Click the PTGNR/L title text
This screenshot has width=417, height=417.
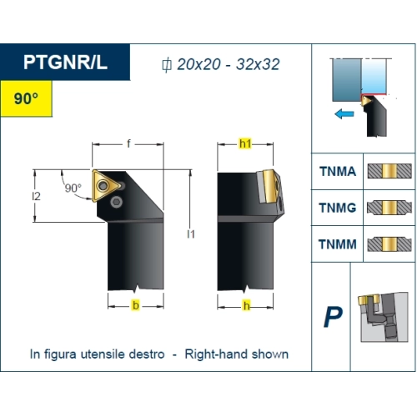click(x=65, y=62)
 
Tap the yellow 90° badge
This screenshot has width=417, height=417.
click(x=26, y=98)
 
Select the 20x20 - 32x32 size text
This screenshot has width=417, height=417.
click(x=229, y=64)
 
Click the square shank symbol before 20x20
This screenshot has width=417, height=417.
click(x=167, y=65)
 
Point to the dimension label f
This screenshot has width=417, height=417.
click(x=128, y=143)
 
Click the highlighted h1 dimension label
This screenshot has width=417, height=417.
click(x=245, y=143)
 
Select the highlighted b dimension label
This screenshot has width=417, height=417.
click(x=136, y=305)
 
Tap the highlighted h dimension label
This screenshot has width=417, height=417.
click(x=247, y=305)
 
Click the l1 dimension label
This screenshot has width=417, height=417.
click(x=191, y=234)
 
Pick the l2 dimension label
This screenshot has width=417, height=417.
click(x=36, y=196)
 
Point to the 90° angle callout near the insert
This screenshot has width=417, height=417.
click(x=73, y=188)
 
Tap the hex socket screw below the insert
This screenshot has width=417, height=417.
click(x=116, y=202)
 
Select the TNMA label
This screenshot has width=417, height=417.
click(x=338, y=171)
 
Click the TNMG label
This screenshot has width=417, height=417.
click(x=338, y=208)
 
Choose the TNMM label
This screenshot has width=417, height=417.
click(x=338, y=244)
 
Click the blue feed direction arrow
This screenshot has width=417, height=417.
click(x=344, y=113)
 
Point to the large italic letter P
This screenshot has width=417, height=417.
click(x=333, y=317)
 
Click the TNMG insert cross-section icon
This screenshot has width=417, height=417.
click(x=389, y=208)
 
